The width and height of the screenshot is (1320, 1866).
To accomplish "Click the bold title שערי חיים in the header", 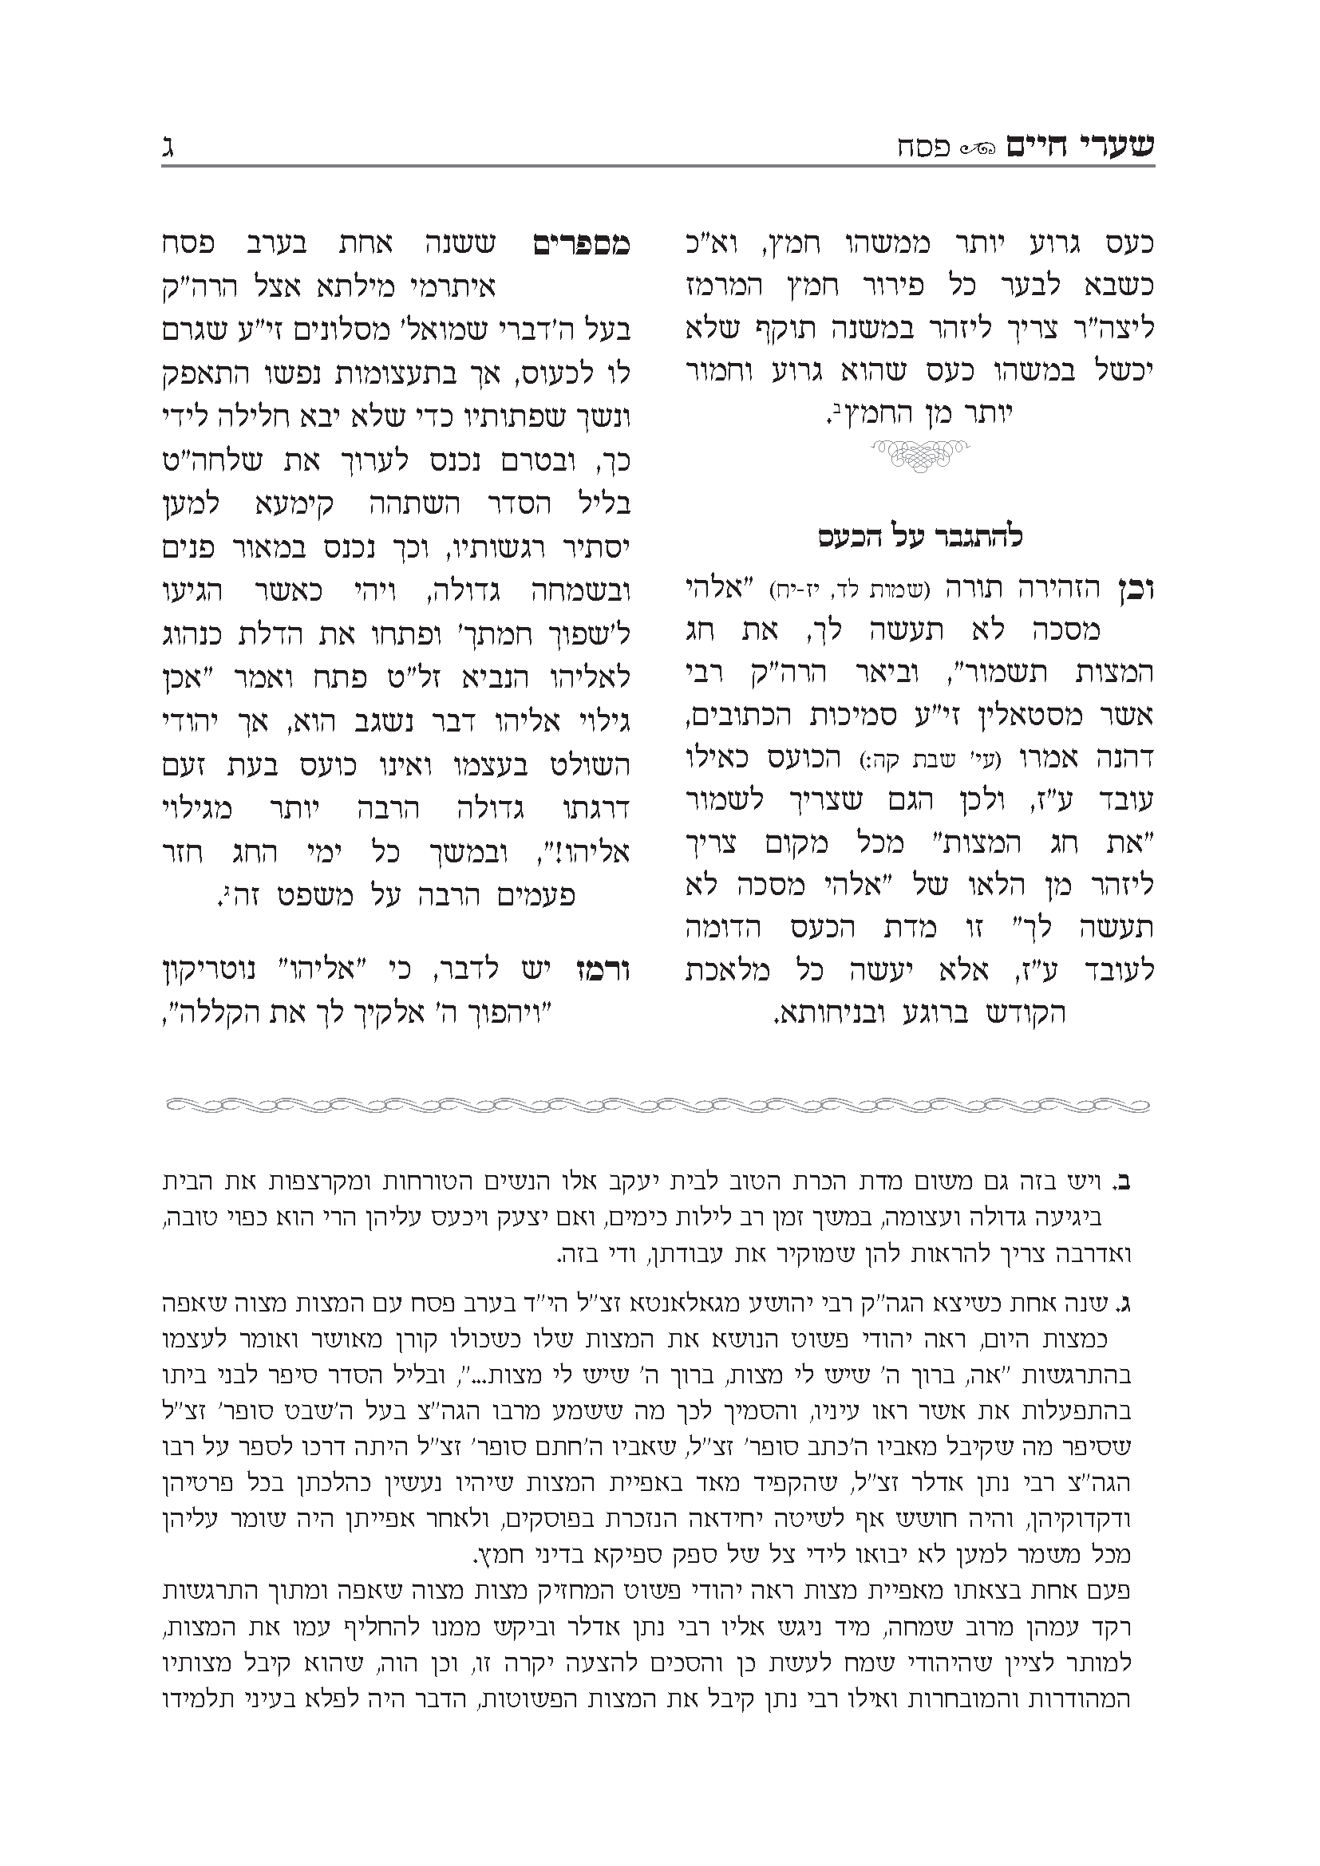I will click(x=1081, y=148).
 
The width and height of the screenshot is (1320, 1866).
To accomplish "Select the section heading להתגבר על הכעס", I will click(x=919, y=537).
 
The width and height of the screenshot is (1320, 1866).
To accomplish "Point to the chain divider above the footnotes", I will click(x=658, y=1105).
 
